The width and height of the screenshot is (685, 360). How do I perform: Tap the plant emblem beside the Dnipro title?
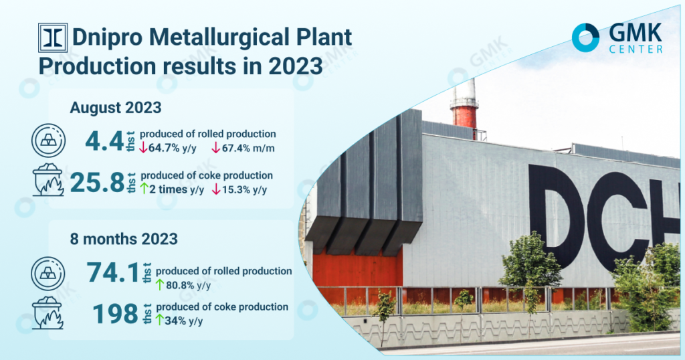[x=53, y=37]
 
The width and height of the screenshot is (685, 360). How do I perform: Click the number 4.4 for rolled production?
[x=104, y=141]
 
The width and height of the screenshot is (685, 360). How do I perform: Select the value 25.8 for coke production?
[x=98, y=183]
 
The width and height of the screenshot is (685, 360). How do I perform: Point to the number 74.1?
[x=112, y=272]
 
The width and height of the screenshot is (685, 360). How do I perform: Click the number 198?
[x=115, y=314]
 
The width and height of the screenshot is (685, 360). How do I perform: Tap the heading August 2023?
[x=115, y=108]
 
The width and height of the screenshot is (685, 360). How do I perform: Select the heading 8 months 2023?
[x=124, y=239]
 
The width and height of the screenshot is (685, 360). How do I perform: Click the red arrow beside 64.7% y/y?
[x=143, y=148]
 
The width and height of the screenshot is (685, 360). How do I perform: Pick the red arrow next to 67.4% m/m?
[x=216, y=148]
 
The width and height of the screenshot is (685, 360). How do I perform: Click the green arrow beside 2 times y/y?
[x=144, y=189]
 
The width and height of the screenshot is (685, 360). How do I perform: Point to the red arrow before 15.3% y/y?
[x=216, y=189]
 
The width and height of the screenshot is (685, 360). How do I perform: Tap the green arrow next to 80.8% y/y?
[x=160, y=285]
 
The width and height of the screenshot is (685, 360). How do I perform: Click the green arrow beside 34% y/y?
[x=159, y=321]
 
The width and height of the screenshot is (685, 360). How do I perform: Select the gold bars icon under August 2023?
[x=48, y=141]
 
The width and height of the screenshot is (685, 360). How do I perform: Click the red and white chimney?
[x=464, y=107]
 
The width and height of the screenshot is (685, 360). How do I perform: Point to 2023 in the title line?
[x=295, y=66]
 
